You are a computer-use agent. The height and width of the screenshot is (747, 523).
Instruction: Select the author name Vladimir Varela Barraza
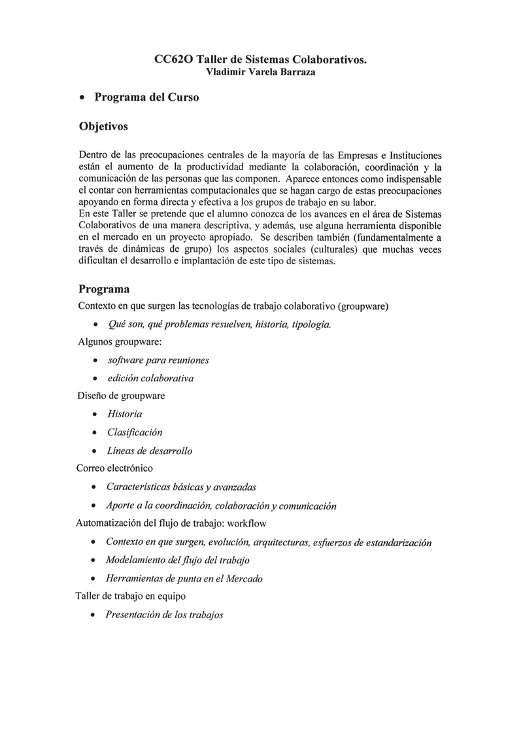[261, 73]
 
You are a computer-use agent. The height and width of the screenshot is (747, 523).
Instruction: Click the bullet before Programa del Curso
[82, 98]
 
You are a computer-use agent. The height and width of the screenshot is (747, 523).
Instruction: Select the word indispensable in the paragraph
[407, 179]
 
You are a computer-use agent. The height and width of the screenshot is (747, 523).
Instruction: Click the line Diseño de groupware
[121, 396]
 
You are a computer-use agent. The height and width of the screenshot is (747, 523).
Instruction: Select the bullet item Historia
[124, 414]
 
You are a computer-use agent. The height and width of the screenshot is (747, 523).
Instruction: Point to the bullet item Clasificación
[135, 432]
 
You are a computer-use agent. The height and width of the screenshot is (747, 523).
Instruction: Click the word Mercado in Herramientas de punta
[245, 578]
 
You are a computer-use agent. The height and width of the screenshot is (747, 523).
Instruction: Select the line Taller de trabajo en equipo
[131, 596]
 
